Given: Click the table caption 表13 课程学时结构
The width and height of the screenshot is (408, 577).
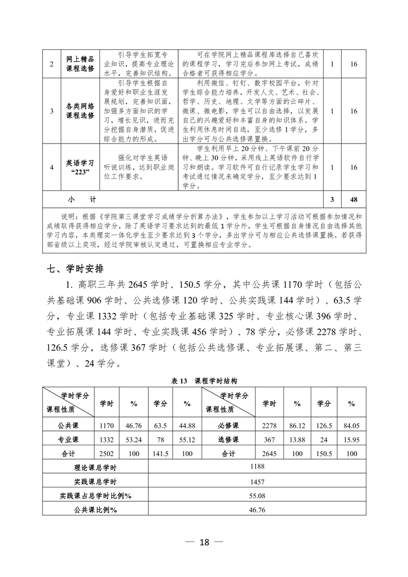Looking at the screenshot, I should coord(204,381).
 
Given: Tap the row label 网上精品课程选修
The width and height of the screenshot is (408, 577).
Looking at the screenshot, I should coord(80,64).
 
